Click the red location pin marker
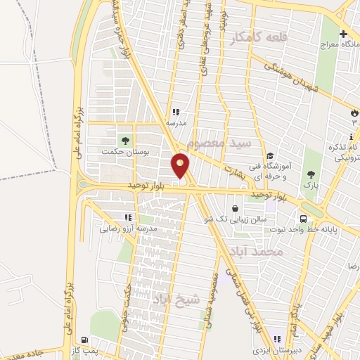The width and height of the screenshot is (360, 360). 181,166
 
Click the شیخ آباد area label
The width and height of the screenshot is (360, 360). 176,300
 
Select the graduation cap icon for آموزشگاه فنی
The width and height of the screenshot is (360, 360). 269,156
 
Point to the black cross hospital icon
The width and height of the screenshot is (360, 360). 344,34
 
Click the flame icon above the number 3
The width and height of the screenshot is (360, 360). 354,112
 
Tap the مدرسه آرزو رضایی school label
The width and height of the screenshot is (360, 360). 127,229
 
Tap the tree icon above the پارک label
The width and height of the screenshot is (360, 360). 310,175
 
